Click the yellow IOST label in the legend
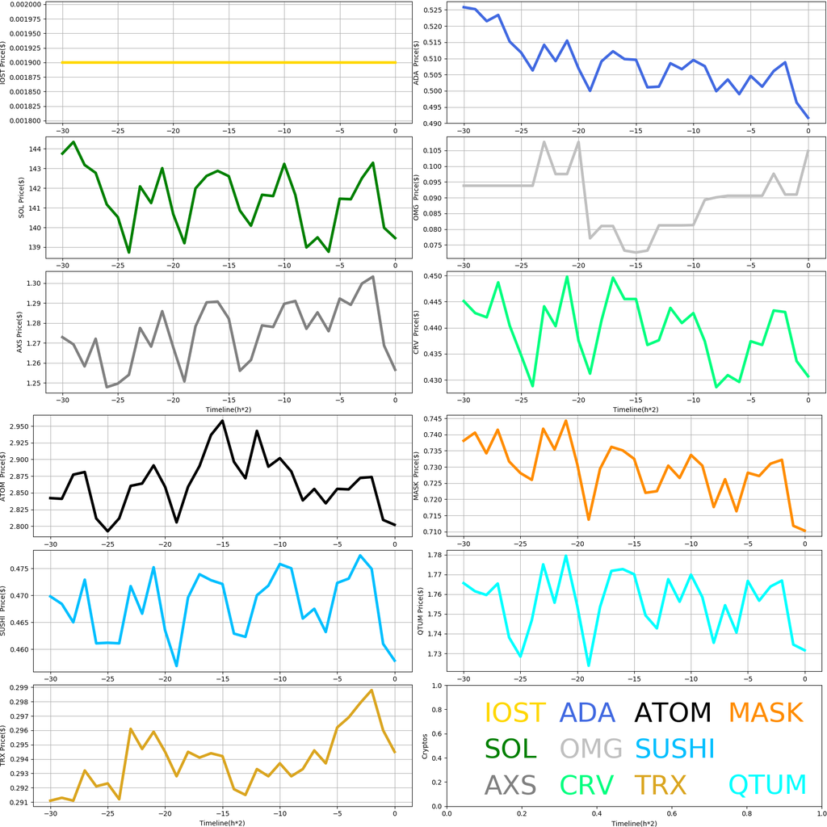point(514,712)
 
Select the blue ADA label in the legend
point(587,712)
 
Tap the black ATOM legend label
point(672,712)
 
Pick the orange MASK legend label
point(765,712)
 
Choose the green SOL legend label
point(510,749)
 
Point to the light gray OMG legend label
point(591,749)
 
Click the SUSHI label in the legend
point(674,749)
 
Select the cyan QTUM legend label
point(767,784)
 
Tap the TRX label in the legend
point(659,784)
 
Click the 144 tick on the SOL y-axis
point(36,149)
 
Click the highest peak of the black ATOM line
point(223,421)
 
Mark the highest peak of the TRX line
point(372,691)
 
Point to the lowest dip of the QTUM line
point(589,665)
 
